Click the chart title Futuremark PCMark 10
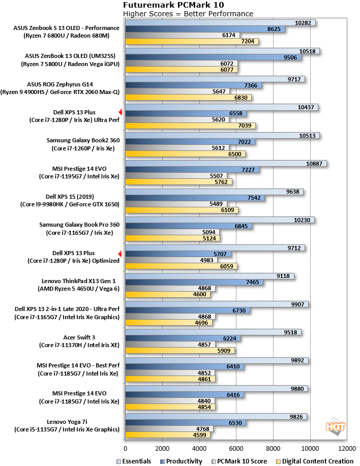[173, 5]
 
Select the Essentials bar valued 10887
[226, 164]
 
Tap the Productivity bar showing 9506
[213, 57]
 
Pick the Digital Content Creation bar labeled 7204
[192, 41]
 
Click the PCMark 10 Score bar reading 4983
[171, 260]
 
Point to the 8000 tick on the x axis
[273, 448]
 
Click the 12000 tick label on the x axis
[347, 448]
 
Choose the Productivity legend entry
[181, 461]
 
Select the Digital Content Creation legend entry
[315, 461]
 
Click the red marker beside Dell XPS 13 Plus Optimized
[120, 254]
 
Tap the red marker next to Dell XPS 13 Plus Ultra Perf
[121, 112]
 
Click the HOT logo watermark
[336, 427]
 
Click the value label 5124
[209, 238]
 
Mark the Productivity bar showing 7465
[194, 282]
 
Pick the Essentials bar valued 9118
[209, 276]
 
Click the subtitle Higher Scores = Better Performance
[188, 14]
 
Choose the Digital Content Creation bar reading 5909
[180, 351]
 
